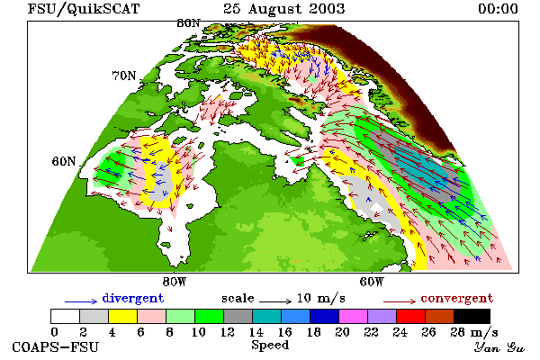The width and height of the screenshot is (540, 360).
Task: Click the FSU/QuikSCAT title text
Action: point(84,9)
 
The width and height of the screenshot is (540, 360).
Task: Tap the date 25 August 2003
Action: point(283,9)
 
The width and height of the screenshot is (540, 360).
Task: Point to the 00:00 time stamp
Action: point(498,9)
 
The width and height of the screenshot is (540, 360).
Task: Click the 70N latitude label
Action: point(124,76)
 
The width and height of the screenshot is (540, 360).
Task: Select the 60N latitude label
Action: point(64,161)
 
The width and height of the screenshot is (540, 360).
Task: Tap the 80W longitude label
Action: point(175,282)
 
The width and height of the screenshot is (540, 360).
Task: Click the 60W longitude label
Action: point(371,282)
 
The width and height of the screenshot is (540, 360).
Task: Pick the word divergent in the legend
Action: point(133,298)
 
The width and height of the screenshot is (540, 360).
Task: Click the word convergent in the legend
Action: point(457,298)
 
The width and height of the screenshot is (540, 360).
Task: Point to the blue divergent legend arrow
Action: point(81,302)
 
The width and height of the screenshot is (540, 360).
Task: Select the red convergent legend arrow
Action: point(400,302)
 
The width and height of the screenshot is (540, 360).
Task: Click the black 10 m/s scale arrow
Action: point(275,302)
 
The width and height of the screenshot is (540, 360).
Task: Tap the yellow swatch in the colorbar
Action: point(123,316)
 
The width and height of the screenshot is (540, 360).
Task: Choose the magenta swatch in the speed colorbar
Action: point(354,316)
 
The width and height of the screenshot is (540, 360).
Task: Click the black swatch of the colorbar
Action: point(472,316)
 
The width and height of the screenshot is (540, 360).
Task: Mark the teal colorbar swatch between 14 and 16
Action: point(267,316)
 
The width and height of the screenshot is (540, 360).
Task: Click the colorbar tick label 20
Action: point(342,332)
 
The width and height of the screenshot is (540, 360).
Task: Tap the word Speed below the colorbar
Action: point(270,346)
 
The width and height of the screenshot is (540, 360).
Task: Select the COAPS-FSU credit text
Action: point(55,346)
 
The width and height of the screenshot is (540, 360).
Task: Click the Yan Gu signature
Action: point(499,347)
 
